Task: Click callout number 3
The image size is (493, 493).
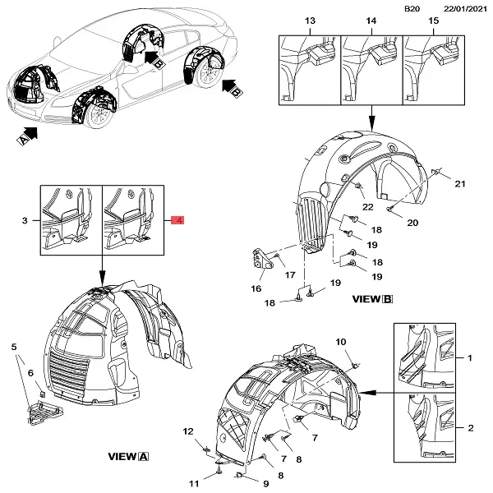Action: [25, 220]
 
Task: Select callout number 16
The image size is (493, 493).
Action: [256, 288]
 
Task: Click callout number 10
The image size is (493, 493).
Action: [341, 341]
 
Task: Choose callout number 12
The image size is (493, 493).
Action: [187, 432]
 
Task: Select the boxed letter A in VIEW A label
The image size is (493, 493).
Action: [145, 456]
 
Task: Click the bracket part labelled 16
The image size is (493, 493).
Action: [261, 261]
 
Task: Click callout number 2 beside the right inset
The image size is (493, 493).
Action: [470, 428]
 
